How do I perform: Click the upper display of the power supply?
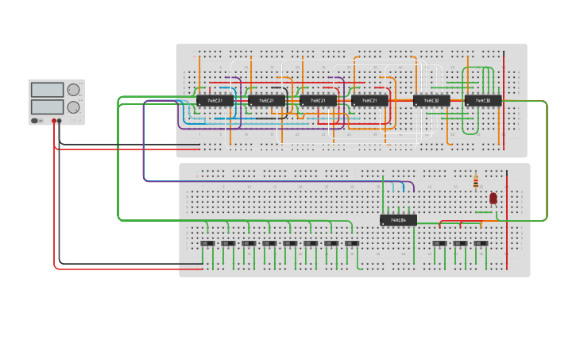47,90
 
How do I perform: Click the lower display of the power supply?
47,106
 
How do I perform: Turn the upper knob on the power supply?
73,90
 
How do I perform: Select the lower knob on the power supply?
73,106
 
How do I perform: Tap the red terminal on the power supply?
54,121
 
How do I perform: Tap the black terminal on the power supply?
60,121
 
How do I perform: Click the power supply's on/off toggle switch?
35,121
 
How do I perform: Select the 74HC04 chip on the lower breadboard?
398,220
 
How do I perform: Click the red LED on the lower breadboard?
493,198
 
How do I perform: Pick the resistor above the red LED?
475,182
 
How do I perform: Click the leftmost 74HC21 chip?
215,101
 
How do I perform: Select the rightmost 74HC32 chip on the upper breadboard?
483,101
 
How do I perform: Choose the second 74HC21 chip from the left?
267,101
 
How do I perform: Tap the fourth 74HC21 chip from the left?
370,101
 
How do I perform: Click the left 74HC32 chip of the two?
431,101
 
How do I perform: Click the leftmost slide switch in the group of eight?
207,243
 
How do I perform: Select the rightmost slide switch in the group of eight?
352,243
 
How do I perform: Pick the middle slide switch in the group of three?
460,243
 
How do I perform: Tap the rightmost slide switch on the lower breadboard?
481,243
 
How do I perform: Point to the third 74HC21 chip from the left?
319,101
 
